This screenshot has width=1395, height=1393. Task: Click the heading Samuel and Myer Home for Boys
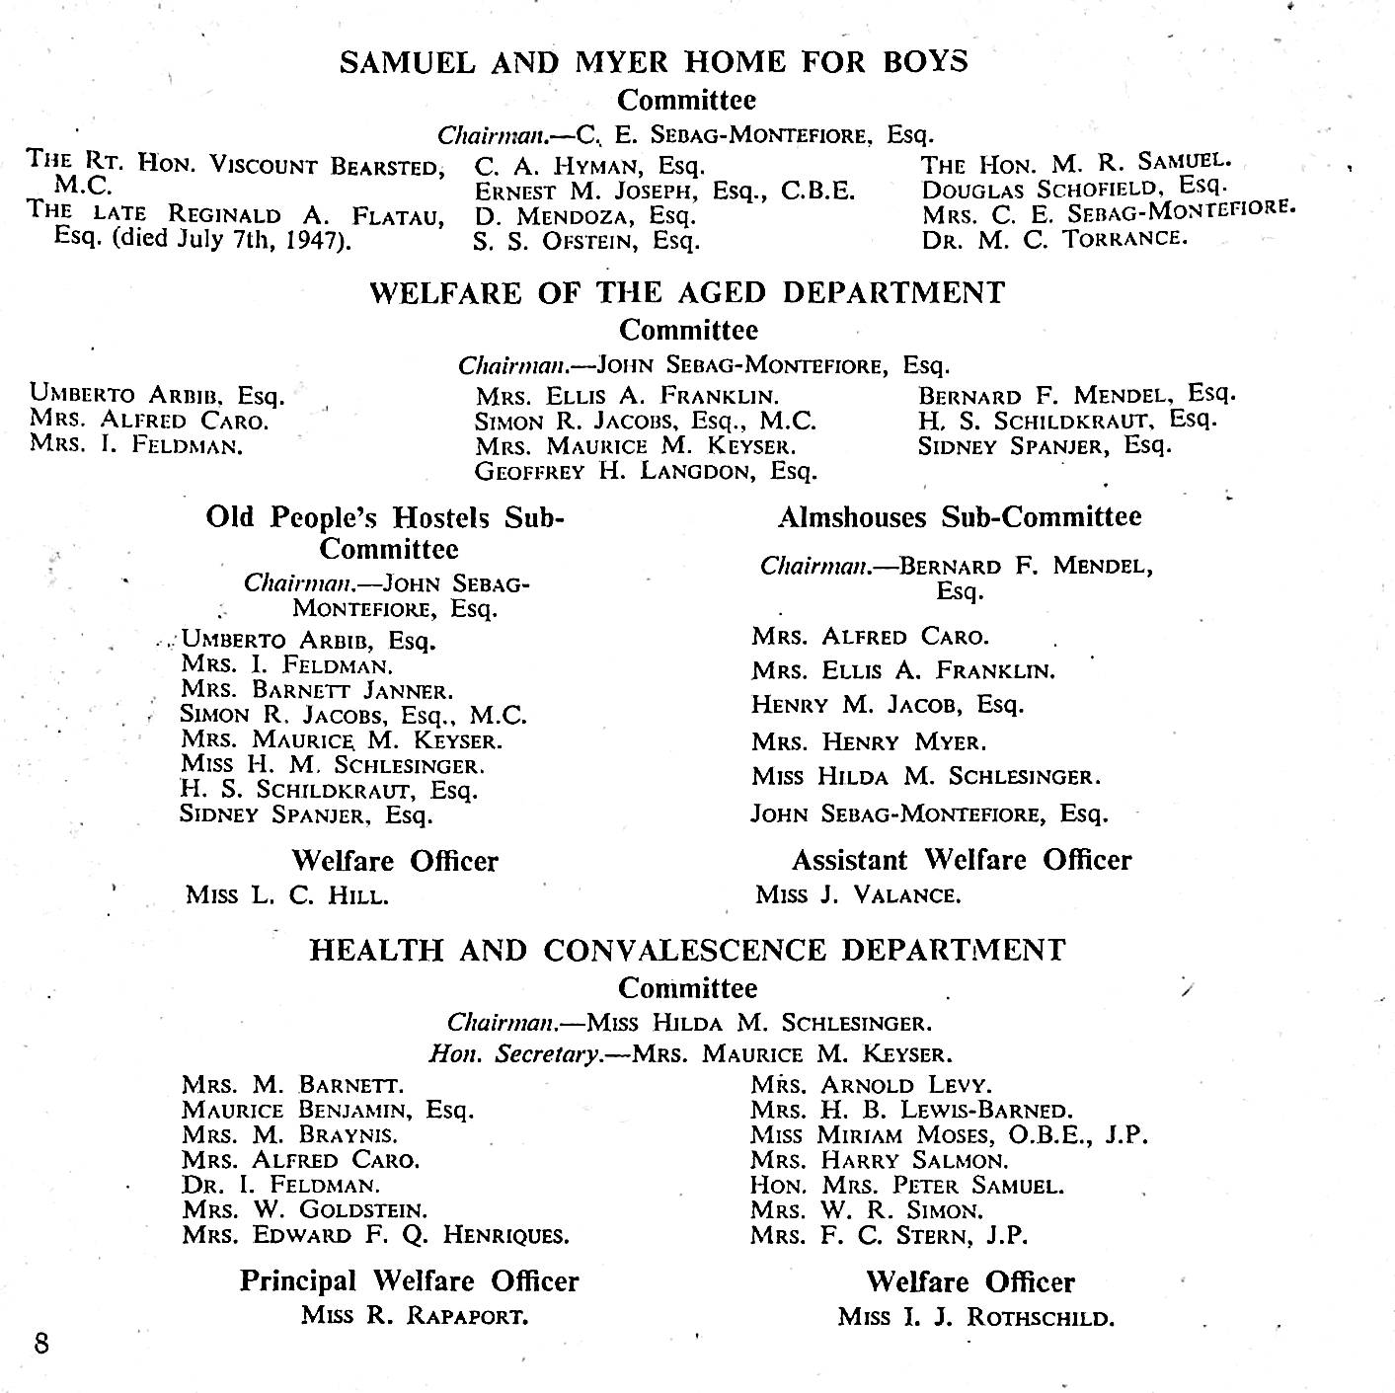[x=654, y=62]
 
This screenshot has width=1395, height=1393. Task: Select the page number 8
[x=41, y=1344]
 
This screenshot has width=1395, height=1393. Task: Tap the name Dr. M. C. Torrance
[x=1054, y=238]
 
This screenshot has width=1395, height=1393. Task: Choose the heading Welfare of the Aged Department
[x=687, y=293]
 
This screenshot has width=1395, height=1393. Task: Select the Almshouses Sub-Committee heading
[x=959, y=517]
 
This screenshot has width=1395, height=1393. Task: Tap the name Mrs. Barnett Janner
[x=317, y=690]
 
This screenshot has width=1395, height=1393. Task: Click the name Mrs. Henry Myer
[x=868, y=741]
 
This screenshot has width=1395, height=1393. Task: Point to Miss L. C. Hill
[x=286, y=895]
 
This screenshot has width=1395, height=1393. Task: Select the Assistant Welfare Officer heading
[x=961, y=860]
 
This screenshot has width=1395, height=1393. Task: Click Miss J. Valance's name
[x=857, y=895]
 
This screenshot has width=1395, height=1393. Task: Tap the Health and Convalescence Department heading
[x=687, y=950]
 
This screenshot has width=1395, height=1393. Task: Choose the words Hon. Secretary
[x=514, y=1053]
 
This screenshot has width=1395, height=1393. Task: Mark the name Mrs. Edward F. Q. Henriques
[x=375, y=1235]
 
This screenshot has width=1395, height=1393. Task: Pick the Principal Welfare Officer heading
[x=409, y=1281]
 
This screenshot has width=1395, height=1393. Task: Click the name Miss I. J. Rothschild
[x=975, y=1317]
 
